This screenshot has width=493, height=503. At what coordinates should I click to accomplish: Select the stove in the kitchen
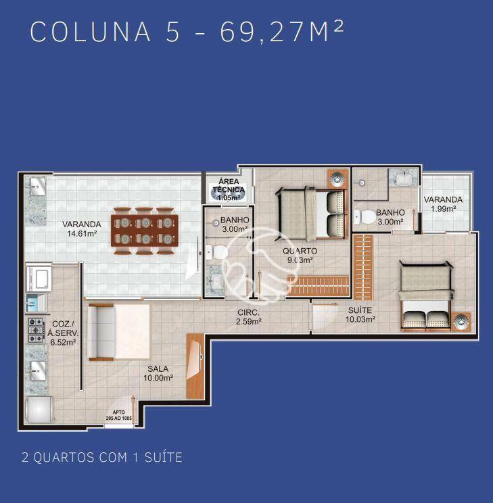[35, 329]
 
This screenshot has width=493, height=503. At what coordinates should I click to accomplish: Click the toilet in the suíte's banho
[366, 216]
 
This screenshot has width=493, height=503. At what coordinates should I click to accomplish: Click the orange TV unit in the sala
[195, 365]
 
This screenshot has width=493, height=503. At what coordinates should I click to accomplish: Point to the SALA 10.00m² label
[158, 373]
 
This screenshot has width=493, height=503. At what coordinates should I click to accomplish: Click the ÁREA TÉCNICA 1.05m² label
[229, 189]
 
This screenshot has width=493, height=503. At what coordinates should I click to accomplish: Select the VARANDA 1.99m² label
[443, 203]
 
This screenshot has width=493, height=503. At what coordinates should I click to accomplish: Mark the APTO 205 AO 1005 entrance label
[122, 416]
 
